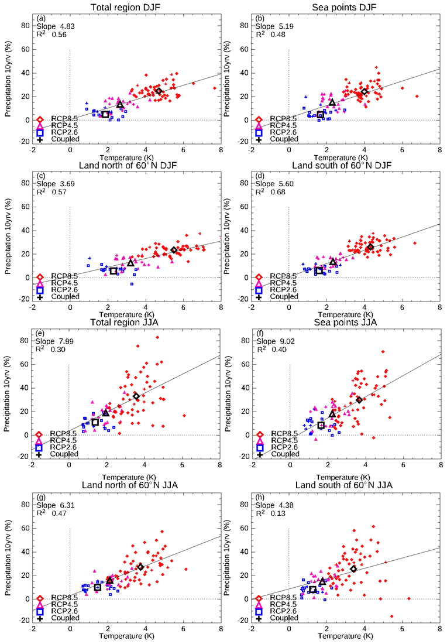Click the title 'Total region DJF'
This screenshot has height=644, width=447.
click(x=126, y=7)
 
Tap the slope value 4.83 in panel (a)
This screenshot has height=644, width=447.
click(x=67, y=26)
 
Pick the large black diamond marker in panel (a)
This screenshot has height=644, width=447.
click(x=159, y=91)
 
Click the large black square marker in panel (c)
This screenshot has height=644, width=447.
click(x=114, y=270)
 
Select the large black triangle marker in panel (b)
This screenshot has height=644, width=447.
click(x=332, y=102)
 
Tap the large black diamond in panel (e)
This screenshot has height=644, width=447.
click(x=136, y=396)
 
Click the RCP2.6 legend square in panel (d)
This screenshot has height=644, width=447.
click(x=259, y=290)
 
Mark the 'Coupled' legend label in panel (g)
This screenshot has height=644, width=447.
click(x=64, y=618)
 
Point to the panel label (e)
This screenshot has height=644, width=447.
click(x=41, y=333)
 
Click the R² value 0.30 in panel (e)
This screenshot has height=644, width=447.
click(x=67, y=350)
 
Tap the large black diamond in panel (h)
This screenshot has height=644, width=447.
click(x=353, y=568)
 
